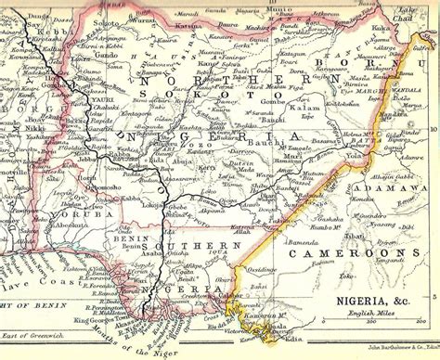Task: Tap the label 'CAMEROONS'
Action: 347,252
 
